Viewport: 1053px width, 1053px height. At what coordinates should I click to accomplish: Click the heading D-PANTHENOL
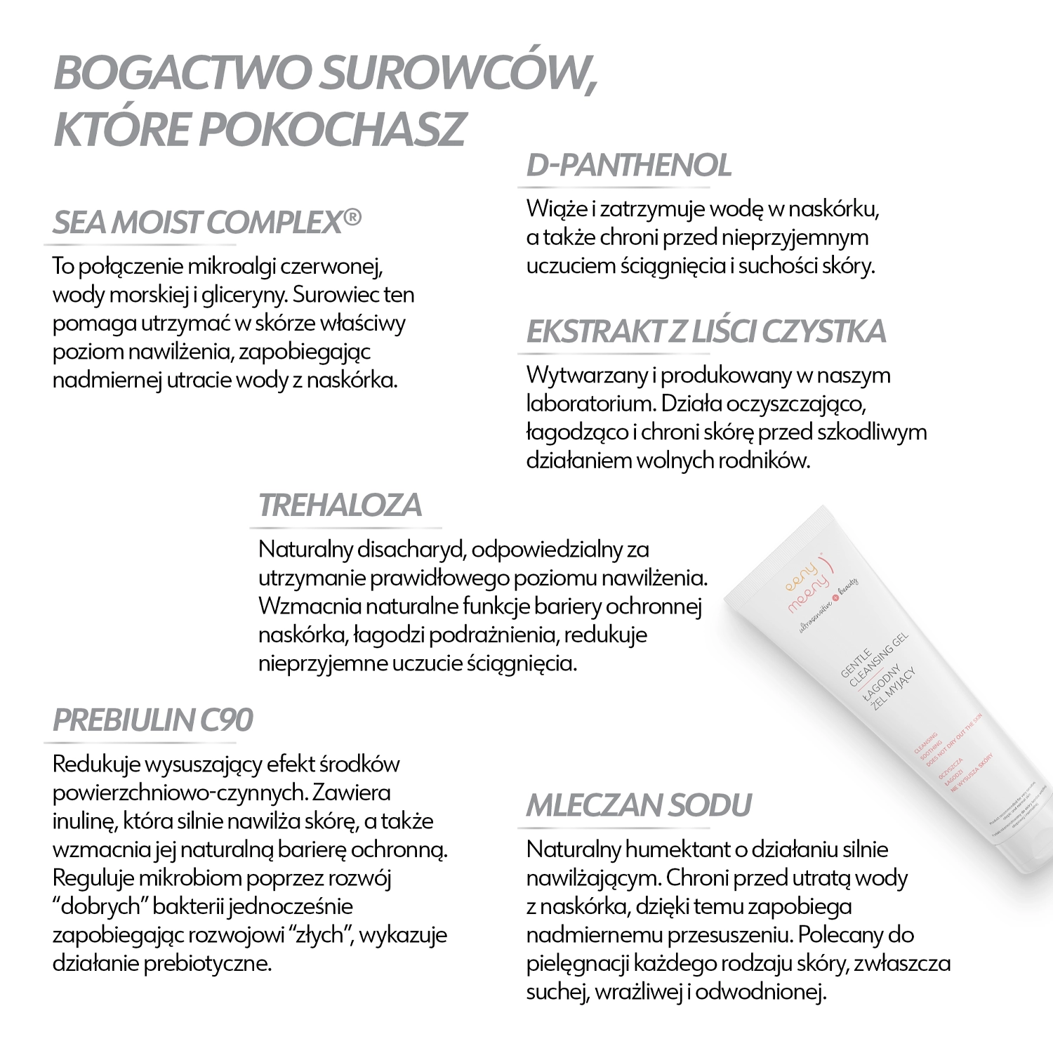628,166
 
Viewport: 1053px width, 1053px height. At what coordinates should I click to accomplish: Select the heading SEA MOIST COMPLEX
197,223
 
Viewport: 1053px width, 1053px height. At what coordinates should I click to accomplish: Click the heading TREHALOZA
340,505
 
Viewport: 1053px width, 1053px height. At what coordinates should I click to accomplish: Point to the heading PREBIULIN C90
152,720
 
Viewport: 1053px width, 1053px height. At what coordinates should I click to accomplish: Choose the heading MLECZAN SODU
638,805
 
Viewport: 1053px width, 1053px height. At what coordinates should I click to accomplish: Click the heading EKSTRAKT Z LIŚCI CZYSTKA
706,332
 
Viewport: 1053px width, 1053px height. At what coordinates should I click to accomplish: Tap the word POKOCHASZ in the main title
336,129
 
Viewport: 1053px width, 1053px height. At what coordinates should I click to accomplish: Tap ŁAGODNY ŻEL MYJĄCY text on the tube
892,684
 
